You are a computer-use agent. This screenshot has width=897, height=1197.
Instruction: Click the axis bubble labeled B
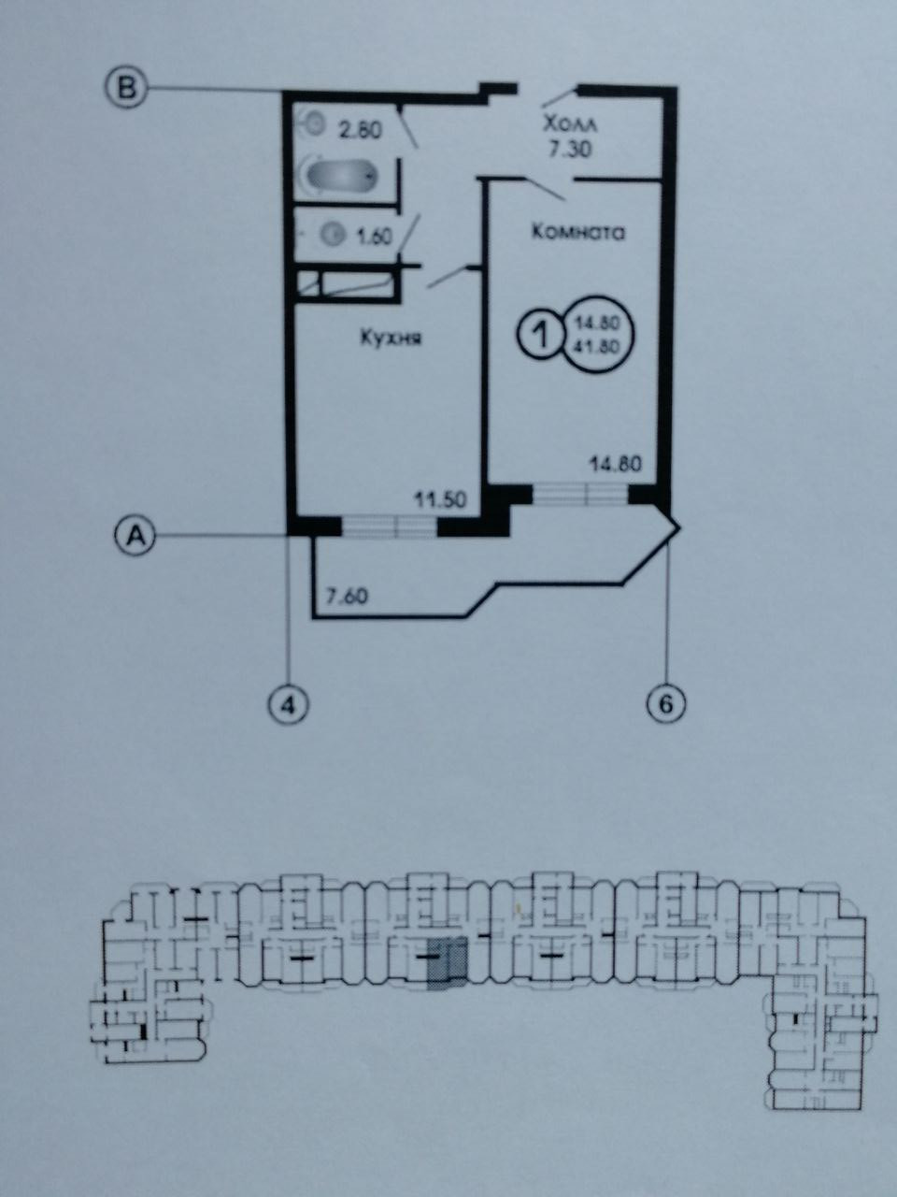point(125,89)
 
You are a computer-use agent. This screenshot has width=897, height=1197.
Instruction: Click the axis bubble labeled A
point(134,536)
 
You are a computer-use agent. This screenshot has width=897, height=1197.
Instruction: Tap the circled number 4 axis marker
point(289,702)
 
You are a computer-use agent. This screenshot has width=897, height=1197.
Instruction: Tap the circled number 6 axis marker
point(667,701)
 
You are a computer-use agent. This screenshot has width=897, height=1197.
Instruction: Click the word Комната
point(577,232)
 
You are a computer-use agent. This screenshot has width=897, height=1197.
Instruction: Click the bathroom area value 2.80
point(360,131)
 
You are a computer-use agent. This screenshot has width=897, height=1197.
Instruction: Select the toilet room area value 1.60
point(374,237)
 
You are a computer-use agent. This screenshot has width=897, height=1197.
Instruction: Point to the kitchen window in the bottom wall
point(390,526)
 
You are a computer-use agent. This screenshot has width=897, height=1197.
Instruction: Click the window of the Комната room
point(580,494)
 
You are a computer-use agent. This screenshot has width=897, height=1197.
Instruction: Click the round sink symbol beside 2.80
point(315,122)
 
